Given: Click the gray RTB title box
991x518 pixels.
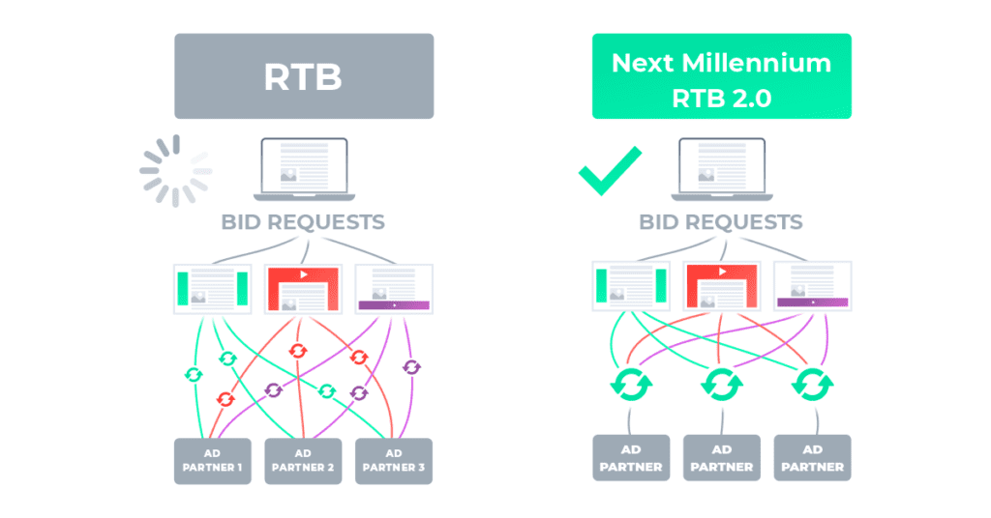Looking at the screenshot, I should (x=303, y=76).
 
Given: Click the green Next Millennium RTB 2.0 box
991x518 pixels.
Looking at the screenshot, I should (x=721, y=76).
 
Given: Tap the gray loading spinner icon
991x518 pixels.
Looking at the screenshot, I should (x=175, y=170).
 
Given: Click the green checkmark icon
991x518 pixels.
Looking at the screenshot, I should (x=610, y=170).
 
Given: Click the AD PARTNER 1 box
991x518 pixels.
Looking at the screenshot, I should (x=212, y=461).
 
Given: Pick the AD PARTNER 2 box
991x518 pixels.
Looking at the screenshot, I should (x=303, y=461).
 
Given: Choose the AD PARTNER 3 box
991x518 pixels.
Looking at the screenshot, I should (x=394, y=461).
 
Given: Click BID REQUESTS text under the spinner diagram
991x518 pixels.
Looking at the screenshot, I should (x=303, y=221).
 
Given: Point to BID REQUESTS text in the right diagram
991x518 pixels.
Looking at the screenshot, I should (x=721, y=221).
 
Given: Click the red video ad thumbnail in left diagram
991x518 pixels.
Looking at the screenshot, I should (x=303, y=288).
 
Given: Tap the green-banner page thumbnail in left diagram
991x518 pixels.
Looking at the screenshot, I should (x=212, y=288).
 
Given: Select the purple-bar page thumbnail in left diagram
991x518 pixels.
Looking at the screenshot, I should (x=394, y=288).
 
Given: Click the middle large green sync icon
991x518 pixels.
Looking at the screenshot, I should (x=721, y=386).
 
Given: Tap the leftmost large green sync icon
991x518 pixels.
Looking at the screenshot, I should (x=630, y=386).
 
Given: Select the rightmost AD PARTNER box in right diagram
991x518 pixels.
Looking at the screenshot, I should (x=812, y=458).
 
